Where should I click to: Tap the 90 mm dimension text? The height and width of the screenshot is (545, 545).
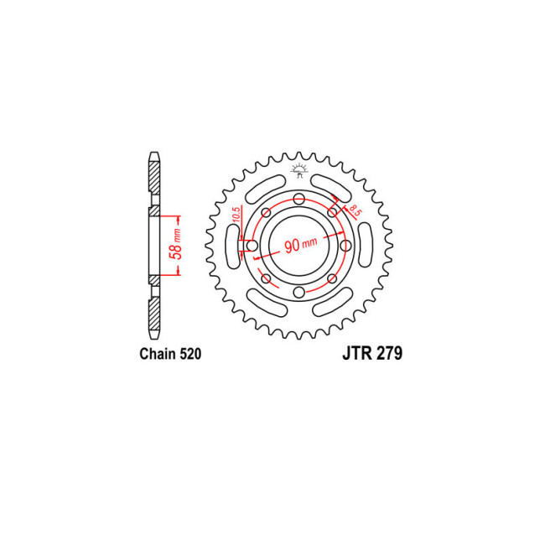point(300,245)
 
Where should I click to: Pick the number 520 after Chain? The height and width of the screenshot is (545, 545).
point(189,355)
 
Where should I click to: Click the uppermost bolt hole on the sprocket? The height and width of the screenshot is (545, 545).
point(298,199)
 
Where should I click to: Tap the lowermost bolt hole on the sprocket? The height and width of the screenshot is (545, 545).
point(298,292)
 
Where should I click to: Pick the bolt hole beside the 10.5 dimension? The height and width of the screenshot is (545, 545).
point(252,246)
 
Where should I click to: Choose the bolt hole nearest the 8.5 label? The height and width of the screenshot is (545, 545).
point(332,212)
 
